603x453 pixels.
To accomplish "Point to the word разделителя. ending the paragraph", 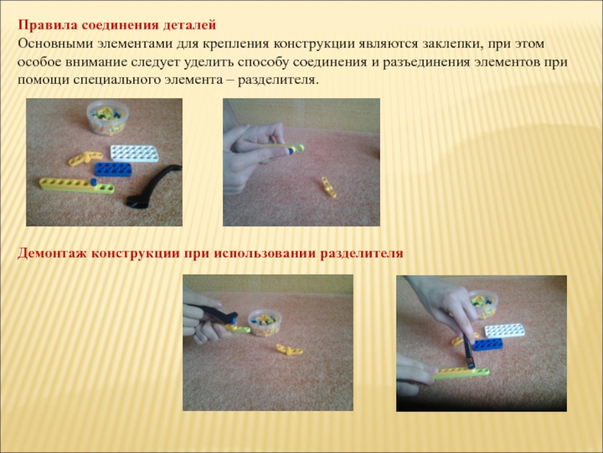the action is pos(278,80).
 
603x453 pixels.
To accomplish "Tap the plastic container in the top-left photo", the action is pos(107,118).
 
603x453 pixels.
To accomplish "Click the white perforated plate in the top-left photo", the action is pos(134,153).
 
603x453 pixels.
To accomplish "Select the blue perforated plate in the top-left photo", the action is pos(112,169).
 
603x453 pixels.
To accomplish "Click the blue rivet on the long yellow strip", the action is pos(93,182).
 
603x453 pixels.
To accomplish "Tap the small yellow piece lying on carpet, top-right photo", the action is pos(329,187).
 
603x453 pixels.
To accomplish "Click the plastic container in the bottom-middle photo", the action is pos(265,323).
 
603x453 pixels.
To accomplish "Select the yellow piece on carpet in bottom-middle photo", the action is pos(289,350).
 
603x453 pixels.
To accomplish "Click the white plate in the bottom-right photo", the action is pos(504,331).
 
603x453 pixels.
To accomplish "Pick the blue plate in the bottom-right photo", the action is pos(488,344).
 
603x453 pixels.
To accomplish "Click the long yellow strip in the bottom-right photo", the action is pos(461,373).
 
